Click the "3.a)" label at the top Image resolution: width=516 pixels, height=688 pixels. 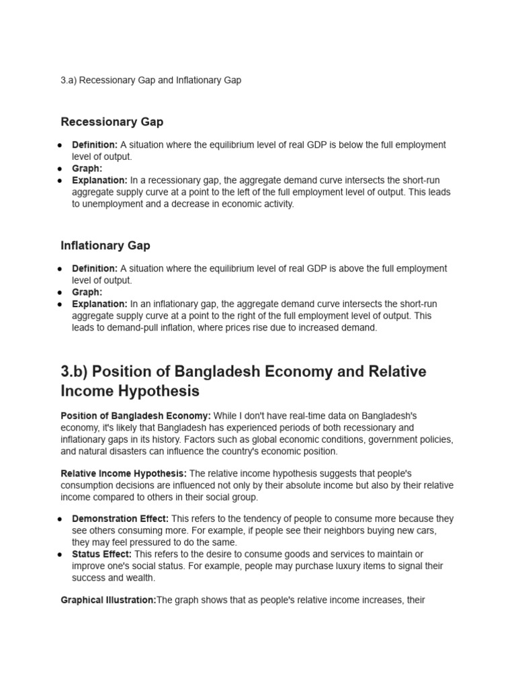(x=69, y=80)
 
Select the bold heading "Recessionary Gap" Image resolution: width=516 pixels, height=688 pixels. (x=112, y=122)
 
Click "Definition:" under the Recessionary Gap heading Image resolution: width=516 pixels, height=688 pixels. (x=95, y=145)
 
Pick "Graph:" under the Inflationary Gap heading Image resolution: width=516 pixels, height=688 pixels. (x=87, y=292)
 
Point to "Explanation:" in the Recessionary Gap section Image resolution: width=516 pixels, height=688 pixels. (x=99, y=181)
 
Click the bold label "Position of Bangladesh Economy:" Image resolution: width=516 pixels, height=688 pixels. (x=136, y=417)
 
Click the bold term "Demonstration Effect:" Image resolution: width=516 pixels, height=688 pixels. (x=121, y=519)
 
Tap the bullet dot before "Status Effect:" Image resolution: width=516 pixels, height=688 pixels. (x=60, y=554)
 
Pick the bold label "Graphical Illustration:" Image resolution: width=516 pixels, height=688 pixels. (x=108, y=600)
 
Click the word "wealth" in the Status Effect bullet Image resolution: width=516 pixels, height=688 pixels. (x=139, y=578)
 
